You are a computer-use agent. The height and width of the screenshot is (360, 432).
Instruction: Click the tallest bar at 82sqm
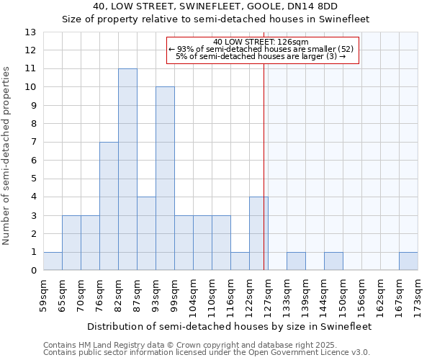pyautogui.click(x=127, y=170)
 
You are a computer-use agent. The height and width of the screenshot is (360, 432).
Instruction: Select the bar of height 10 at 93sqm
pyautogui.click(x=165, y=179)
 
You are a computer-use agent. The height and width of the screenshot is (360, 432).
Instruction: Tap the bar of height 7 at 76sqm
pyautogui.click(x=109, y=206)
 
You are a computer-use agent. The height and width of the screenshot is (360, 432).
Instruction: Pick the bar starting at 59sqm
pyautogui.click(x=53, y=261)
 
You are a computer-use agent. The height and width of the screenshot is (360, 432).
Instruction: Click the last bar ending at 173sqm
pyautogui.click(x=408, y=261)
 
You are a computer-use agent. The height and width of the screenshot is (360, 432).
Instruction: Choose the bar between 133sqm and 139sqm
pyautogui.click(x=296, y=261)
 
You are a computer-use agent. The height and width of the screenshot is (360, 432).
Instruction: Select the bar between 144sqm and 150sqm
pyautogui.click(x=333, y=261)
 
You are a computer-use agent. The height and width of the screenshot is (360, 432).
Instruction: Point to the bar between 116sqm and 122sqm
pyautogui.click(x=240, y=261)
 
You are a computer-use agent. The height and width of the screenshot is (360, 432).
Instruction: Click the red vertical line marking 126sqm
pyautogui.click(x=264, y=180)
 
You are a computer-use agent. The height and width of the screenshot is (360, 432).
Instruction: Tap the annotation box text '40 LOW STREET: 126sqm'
pyautogui.click(x=261, y=42)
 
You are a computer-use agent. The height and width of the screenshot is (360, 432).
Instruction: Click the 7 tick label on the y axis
pyautogui.click(x=32, y=143)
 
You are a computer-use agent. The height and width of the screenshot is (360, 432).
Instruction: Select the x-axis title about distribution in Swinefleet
pyautogui.click(x=230, y=326)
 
